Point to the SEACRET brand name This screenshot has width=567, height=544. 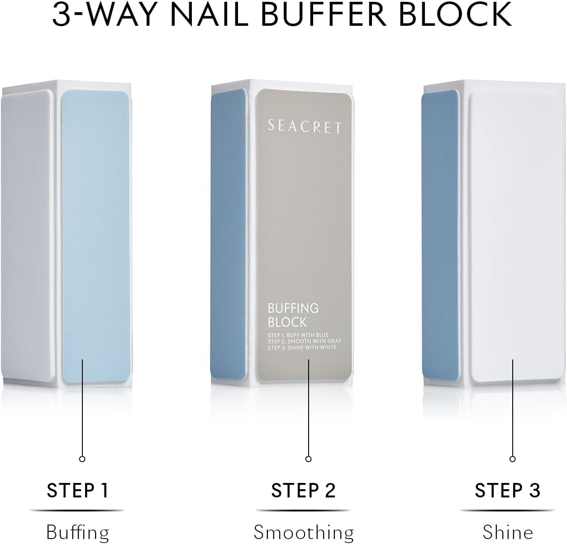(304, 127)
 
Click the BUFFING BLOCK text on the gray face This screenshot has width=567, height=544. (293, 315)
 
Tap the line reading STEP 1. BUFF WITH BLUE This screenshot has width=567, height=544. (298, 335)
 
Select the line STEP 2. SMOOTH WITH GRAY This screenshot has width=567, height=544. (304, 341)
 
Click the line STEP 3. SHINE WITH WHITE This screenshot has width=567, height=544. (302, 347)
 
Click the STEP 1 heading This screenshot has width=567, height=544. (77, 491)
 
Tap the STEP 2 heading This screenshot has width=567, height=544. (303, 491)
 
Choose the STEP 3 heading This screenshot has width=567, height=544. (507, 491)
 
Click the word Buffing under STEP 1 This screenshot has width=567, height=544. (77, 532)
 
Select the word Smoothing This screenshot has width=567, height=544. (304, 532)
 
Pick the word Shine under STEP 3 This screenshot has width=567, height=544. (508, 532)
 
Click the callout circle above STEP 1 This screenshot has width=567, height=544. (82, 459)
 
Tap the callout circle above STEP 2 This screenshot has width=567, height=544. (308, 459)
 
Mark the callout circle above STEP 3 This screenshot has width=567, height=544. (512, 459)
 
